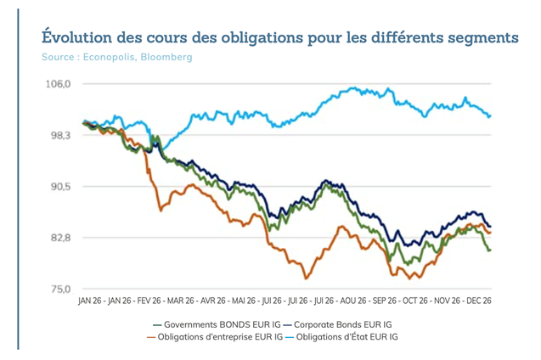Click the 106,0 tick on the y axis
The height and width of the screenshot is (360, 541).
point(59,84)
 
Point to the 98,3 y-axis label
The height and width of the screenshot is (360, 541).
point(59,135)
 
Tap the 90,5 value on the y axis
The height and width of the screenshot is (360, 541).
point(59,187)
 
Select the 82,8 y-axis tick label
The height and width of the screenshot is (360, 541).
point(59,238)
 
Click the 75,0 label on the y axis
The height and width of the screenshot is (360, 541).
point(59,289)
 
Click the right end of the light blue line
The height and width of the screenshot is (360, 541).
point(491,115)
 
